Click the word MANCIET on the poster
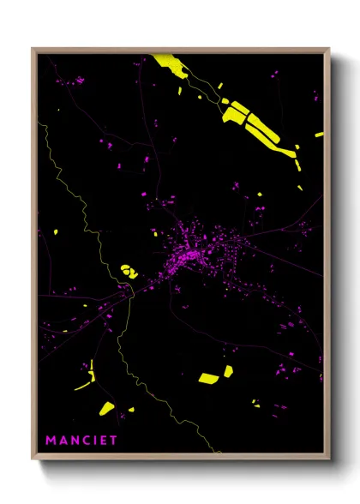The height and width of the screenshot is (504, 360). tap(82, 441)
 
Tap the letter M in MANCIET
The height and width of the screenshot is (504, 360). tap(51, 441)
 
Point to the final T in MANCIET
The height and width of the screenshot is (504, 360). tap(114, 441)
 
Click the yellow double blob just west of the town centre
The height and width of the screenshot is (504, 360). tap(129, 271)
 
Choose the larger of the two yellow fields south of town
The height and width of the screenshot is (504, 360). tap(209, 377)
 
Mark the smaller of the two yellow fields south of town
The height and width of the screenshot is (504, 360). tap(228, 371)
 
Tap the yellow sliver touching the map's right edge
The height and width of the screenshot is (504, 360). tap(319, 135)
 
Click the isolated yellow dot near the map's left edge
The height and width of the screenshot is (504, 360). tap(55, 231)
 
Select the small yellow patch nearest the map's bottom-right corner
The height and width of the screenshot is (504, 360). tap(255, 403)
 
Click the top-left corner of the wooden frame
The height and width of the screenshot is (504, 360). tap(33, 49)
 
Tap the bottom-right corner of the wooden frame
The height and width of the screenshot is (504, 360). tap(329, 460)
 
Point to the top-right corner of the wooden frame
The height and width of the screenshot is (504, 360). tap(329, 49)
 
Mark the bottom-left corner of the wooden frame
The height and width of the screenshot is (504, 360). tap(33, 460)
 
